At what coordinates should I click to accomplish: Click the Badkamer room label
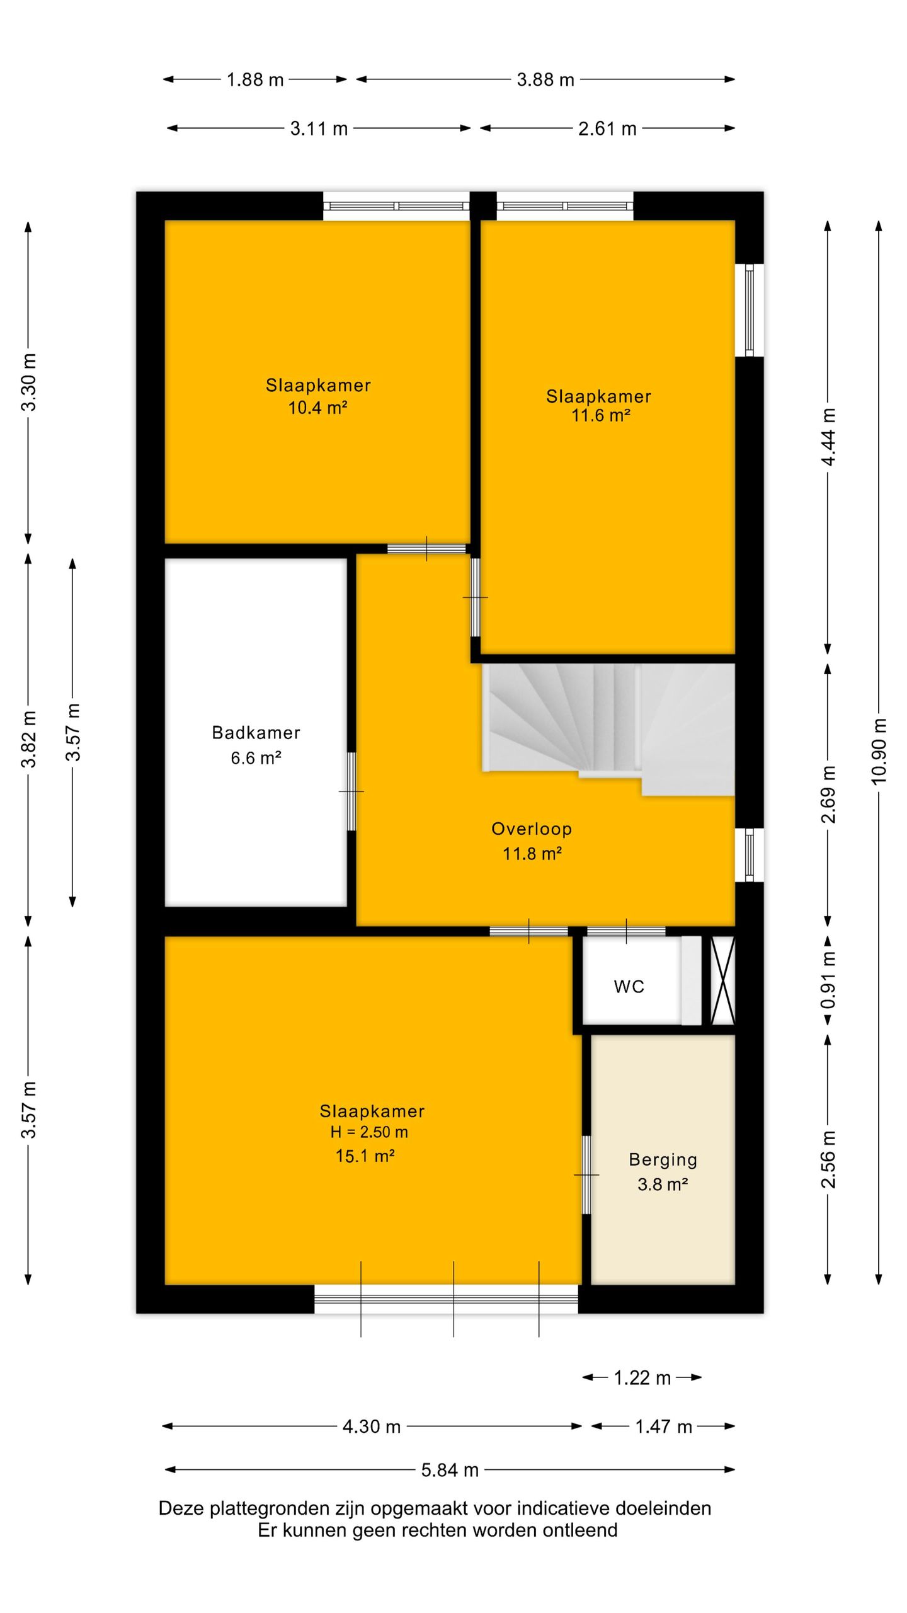256,733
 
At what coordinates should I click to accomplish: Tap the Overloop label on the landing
532,829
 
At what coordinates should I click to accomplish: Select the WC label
629,987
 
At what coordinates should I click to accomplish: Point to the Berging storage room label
663,1160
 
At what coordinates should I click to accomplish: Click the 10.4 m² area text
317,408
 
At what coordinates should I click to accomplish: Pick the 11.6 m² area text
600,416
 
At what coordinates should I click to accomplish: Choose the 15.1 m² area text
365,1156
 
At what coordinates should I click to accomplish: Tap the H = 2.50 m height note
369,1132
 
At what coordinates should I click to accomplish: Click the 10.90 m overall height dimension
879,751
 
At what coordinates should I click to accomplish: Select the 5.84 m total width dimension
450,1470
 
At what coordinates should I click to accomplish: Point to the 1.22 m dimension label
642,1378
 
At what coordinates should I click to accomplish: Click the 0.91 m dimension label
828,980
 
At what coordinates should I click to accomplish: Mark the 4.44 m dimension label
828,437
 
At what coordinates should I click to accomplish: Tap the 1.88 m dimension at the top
255,80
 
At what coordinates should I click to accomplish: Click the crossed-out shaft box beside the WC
722,980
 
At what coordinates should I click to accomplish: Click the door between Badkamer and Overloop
351,791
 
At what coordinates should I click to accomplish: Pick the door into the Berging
586,1175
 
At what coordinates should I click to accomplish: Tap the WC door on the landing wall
626,931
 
